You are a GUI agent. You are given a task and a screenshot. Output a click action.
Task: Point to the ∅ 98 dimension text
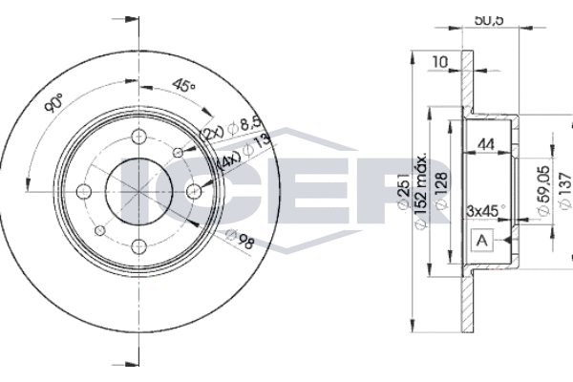[241, 236]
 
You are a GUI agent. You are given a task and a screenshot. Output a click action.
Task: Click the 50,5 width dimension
[490, 18]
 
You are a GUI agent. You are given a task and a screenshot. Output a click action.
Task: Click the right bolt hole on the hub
[194, 192]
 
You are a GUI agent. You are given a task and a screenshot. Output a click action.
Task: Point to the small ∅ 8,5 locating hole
[178, 151]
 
